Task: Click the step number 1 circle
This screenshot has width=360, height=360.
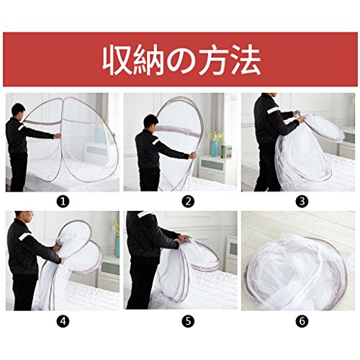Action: tap(63, 202)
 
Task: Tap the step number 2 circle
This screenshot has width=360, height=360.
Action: tap(188, 202)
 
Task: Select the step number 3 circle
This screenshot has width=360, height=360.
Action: tap(302, 202)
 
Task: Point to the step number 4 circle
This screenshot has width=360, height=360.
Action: tap(63, 321)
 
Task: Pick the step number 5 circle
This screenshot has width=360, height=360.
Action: tap(188, 321)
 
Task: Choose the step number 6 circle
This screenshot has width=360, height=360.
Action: tap(302, 321)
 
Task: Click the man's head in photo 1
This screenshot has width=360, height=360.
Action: tap(18, 111)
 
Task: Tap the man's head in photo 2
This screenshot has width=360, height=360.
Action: tap(150, 122)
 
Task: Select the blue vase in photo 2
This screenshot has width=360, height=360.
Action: tap(215, 148)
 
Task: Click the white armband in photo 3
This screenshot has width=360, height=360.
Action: tap(273, 110)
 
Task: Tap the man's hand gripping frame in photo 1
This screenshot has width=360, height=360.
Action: tap(58, 136)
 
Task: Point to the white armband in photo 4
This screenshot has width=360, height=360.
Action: tap(24, 236)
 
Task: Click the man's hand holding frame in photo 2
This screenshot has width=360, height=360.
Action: tap(192, 156)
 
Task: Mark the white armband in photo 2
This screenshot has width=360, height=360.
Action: tap(156, 142)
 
